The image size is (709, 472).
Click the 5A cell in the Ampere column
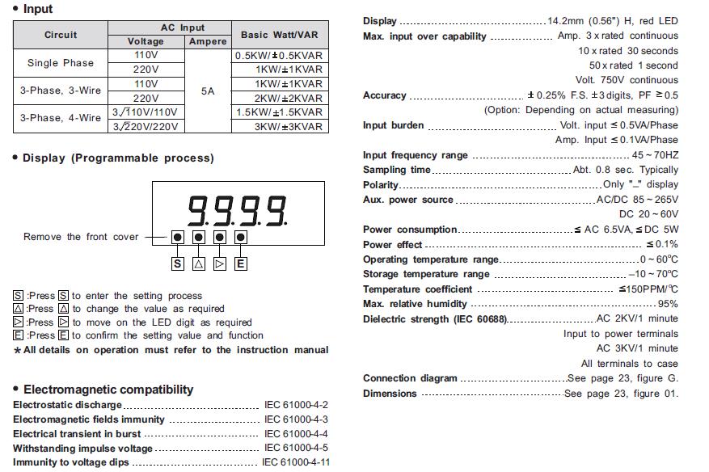(208, 91)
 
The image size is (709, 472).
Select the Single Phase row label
(61, 63)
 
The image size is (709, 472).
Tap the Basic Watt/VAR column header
(279, 35)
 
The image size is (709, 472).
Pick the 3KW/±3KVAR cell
(289, 126)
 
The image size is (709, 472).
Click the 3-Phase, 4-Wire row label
(61, 118)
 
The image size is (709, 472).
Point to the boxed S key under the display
(177, 263)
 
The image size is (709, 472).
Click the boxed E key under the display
(241, 263)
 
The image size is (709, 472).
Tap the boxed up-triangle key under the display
(198, 263)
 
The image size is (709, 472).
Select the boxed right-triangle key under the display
(220, 263)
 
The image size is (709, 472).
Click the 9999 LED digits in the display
(238, 210)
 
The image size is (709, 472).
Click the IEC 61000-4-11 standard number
(296, 463)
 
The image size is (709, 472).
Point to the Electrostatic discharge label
(67, 405)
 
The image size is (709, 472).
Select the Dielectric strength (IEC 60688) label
(436, 318)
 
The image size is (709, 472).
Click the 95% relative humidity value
(668, 304)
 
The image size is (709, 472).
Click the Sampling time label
(397, 170)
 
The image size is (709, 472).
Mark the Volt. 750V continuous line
(627, 80)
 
